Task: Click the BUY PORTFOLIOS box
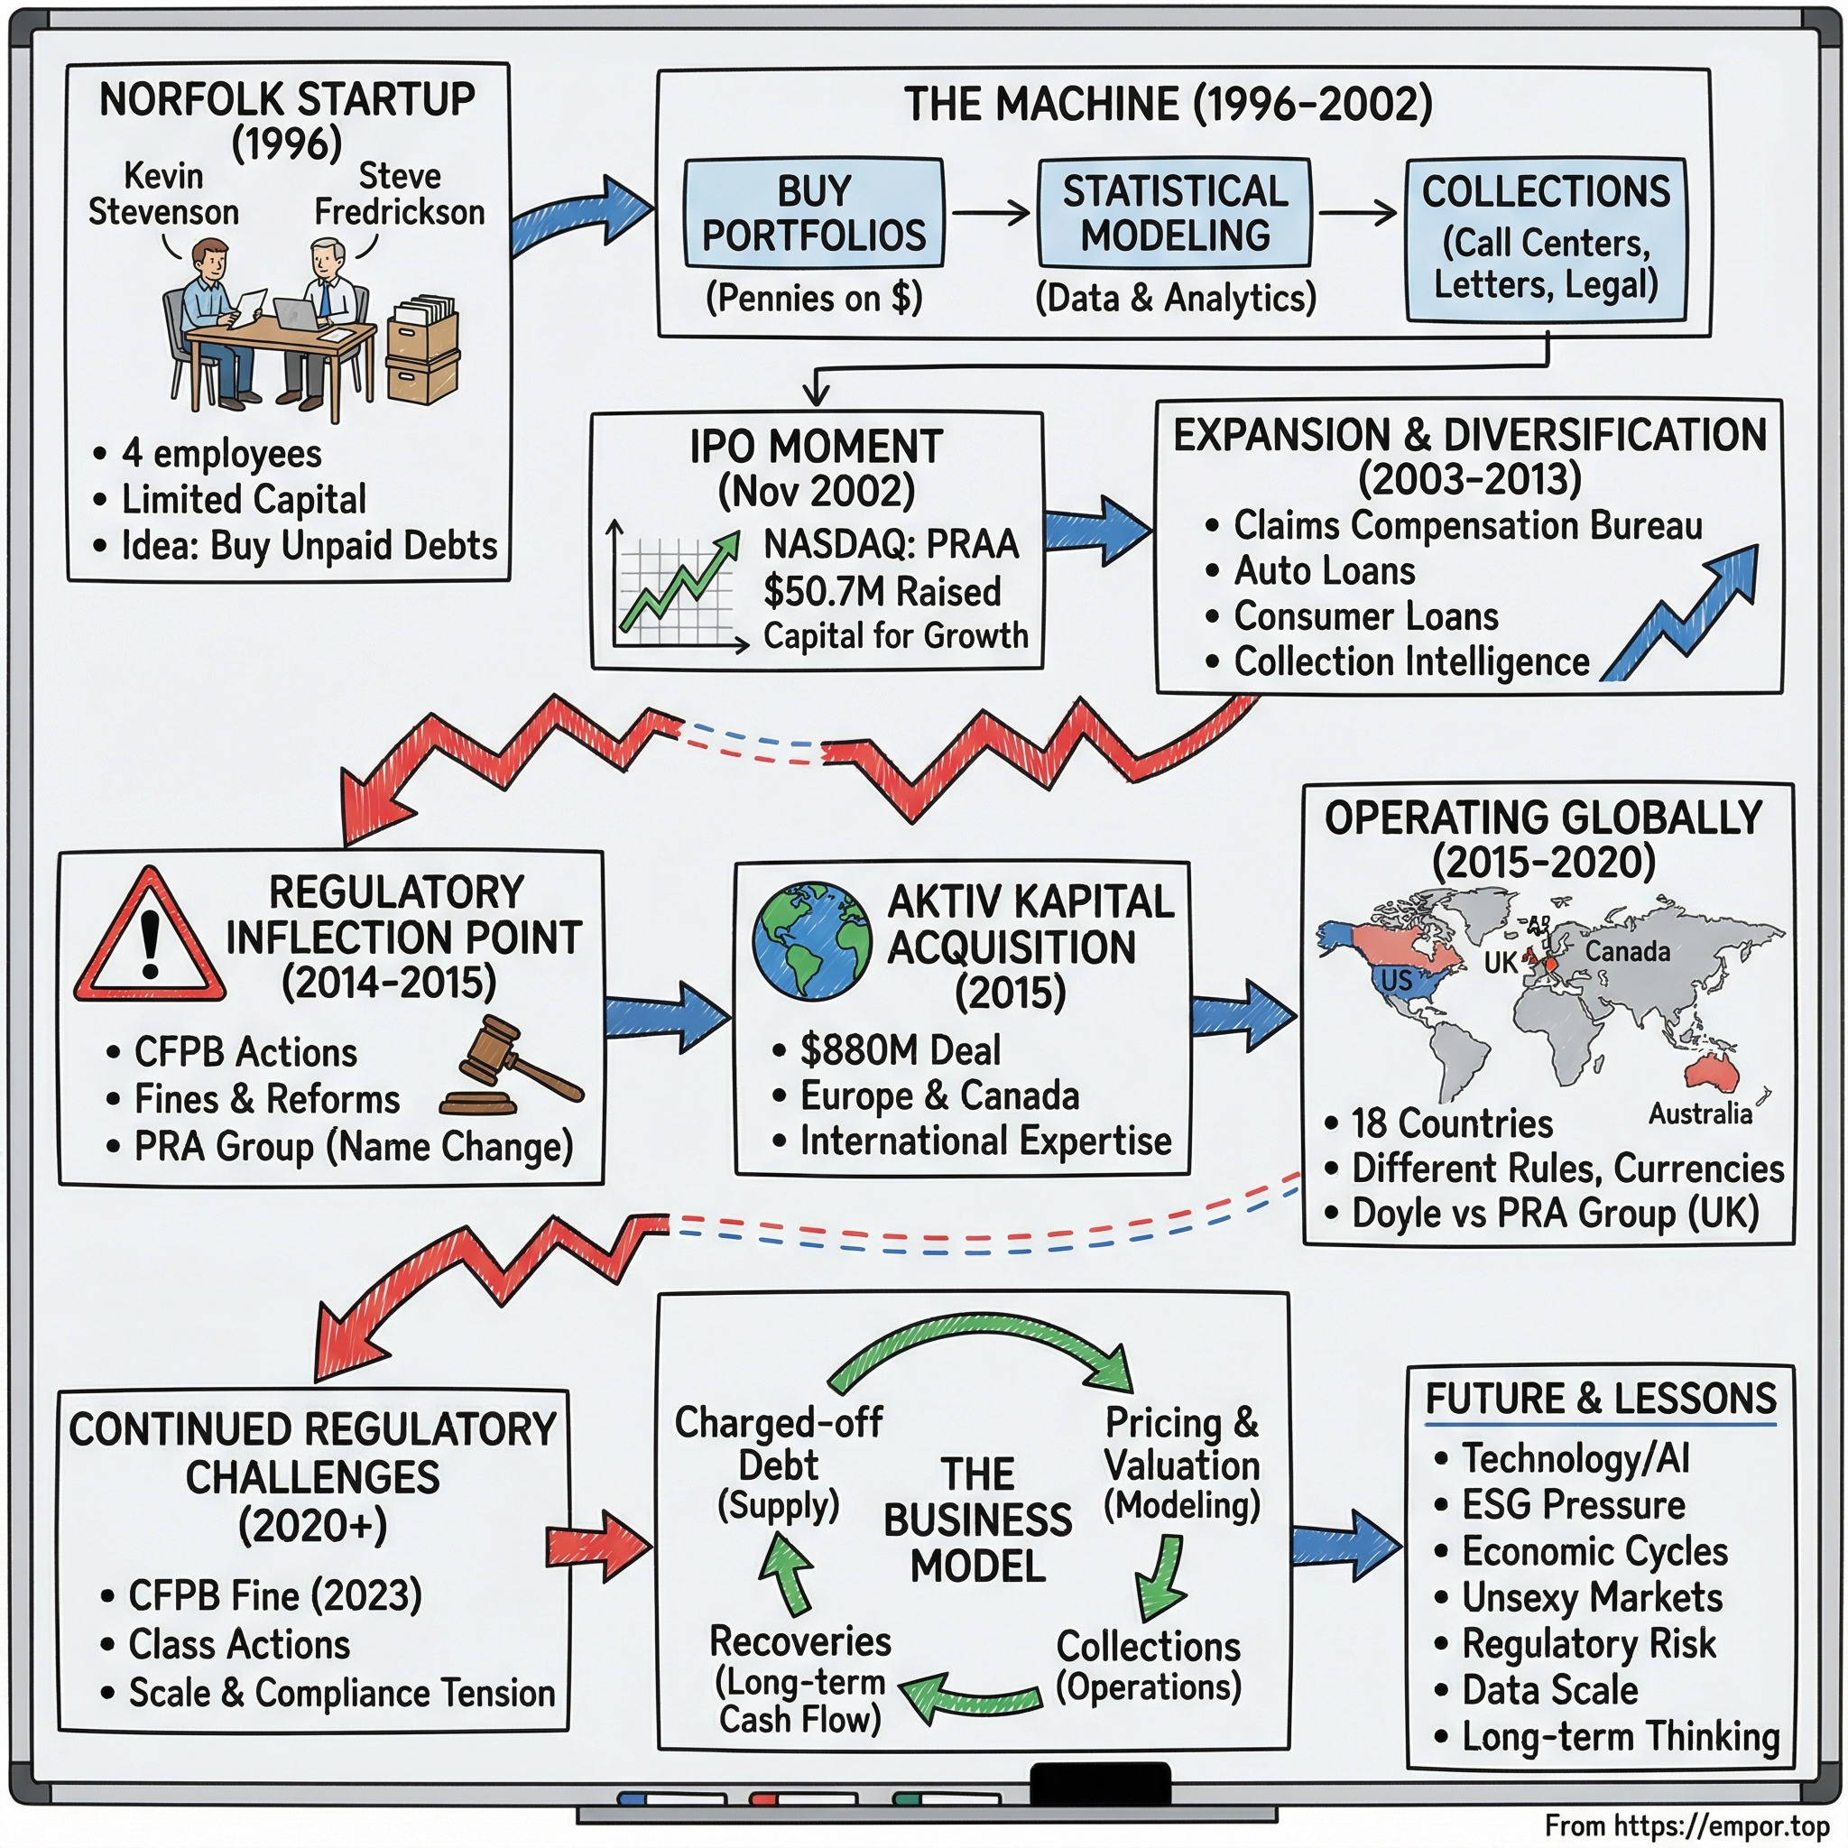point(813,212)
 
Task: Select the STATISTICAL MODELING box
point(1175,212)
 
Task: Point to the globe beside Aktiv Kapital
point(811,940)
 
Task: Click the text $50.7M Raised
point(882,591)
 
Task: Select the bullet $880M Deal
point(899,1050)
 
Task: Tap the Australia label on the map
point(1700,1113)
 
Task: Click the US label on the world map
point(1396,979)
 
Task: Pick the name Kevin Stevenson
point(163,194)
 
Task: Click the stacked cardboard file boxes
point(423,349)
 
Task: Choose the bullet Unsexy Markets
point(1591,1597)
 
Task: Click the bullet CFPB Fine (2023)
point(274,1595)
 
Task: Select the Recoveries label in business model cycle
point(799,1641)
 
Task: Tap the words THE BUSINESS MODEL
point(976,1520)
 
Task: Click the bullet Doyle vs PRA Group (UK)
point(1555,1213)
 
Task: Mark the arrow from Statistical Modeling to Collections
point(1357,212)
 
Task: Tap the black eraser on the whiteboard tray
point(1100,1783)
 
